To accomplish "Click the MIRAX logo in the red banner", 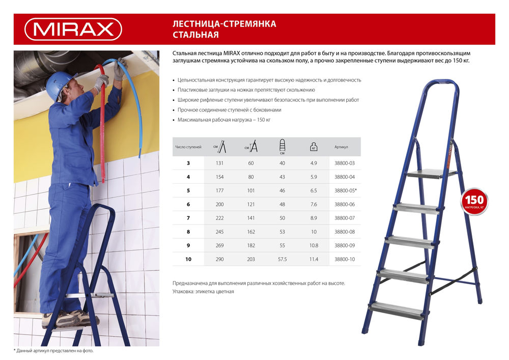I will pos(73,29).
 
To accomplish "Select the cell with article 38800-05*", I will pos(346,190).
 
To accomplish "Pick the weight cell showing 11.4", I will pos(314,259).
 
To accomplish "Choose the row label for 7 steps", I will pos(188,218).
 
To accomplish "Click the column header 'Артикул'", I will pos(341,147).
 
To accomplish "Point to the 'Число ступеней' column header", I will pos(188,147).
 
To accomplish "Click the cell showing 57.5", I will pos(282,259).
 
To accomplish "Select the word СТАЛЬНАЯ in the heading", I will pos(196,35).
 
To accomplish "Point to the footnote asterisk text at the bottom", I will pos(53,351).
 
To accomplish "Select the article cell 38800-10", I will pos(345,259).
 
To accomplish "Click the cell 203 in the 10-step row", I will pos(250,259).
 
